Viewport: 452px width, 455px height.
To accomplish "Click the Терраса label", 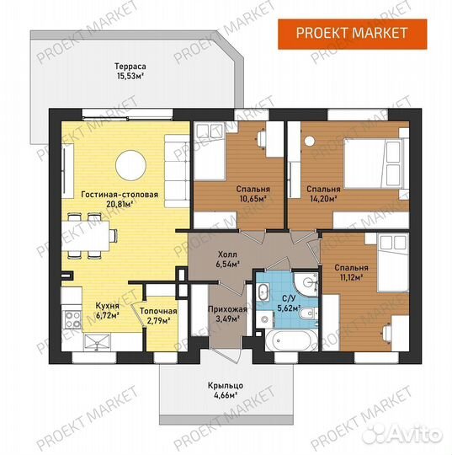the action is click(130, 67).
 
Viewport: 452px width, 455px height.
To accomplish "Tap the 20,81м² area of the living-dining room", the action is click(120, 204).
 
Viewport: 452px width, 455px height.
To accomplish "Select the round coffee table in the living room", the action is click(130, 165).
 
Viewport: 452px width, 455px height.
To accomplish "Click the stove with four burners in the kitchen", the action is click(72, 319).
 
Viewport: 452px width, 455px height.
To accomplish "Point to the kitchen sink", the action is click(97, 342).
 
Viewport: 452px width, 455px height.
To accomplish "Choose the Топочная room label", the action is click(158, 312).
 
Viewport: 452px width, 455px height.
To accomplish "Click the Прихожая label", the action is click(227, 309).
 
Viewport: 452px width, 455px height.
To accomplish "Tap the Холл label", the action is click(227, 254).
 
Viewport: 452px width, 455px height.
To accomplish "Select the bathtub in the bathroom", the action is click(292, 340).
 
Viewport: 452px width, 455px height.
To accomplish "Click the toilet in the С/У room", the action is click(309, 314).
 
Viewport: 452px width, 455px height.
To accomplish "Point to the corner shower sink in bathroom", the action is click(306, 282).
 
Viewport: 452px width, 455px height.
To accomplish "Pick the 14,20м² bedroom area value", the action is click(323, 199).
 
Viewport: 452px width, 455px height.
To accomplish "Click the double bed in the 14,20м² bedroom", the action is click(374, 164).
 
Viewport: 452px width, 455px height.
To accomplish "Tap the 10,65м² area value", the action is click(253, 199).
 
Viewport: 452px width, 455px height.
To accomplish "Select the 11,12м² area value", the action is click(351, 277).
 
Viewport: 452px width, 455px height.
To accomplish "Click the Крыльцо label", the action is click(226, 386).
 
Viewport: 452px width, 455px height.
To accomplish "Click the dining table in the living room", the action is click(86, 236).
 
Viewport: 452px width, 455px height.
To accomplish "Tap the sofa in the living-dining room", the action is click(177, 171).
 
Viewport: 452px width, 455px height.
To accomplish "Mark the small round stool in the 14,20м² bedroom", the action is click(310, 141).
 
